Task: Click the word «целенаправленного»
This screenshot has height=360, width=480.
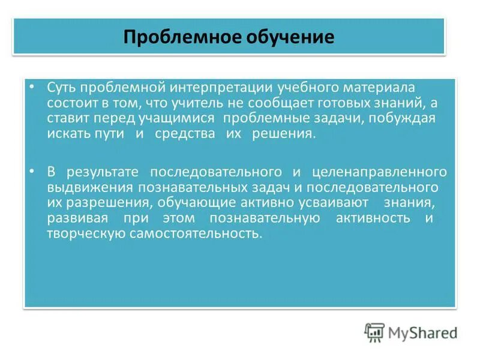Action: tap(380, 172)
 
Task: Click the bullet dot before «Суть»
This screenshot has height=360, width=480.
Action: tap(32, 88)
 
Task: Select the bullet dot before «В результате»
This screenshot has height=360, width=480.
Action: tap(32, 172)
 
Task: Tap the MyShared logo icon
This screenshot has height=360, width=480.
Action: tap(374, 332)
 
